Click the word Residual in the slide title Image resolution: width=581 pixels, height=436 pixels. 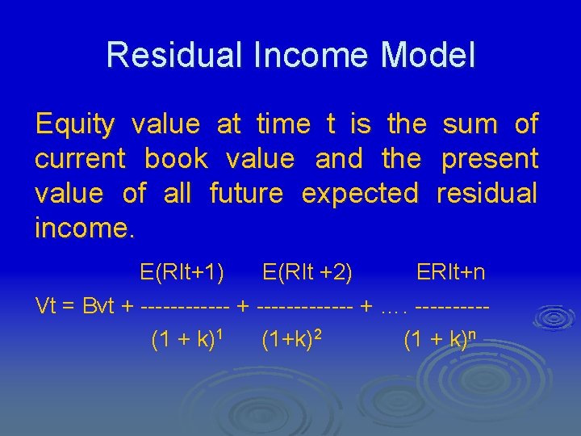click(x=163, y=55)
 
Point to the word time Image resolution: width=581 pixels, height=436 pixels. click(x=282, y=124)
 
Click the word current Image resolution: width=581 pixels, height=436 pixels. click(x=80, y=159)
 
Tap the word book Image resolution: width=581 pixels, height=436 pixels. click(x=176, y=159)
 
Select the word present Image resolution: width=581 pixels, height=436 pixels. click(x=490, y=159)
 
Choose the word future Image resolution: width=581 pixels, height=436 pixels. click(x=246, y=194)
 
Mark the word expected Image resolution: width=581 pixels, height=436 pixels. click(x=360, y=194)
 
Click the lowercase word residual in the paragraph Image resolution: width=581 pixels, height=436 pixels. click(x=487, y=194)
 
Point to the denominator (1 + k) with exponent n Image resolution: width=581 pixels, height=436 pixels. click(x=436, y=340)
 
